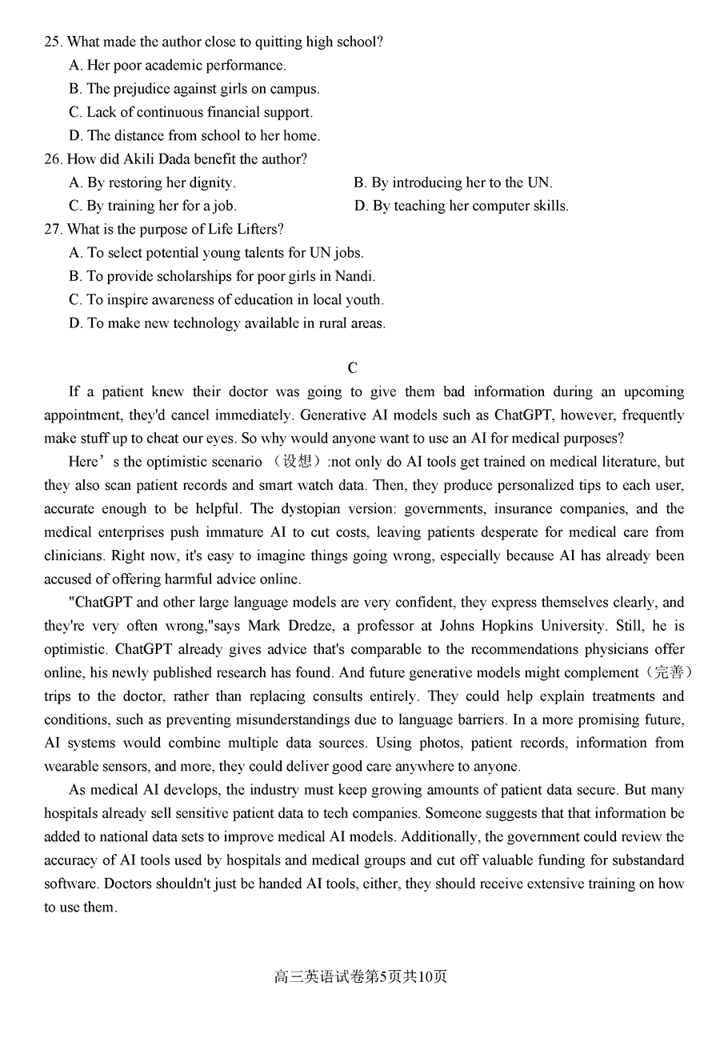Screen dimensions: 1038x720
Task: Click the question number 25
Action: click(x=53, y=42)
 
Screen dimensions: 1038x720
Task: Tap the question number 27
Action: click(x=53, y=229)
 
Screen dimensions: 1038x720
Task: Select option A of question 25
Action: click(x=177, y=65)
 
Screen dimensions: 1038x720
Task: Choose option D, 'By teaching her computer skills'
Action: click(x=461, y=206)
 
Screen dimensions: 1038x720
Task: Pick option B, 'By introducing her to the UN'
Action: click(x=453, y=182)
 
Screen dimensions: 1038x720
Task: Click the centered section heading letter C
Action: click(x=353, y=368)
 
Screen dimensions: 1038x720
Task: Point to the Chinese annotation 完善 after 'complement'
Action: click(x=670, y=673)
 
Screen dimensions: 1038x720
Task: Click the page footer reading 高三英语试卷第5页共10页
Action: click(x=360, y=976)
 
